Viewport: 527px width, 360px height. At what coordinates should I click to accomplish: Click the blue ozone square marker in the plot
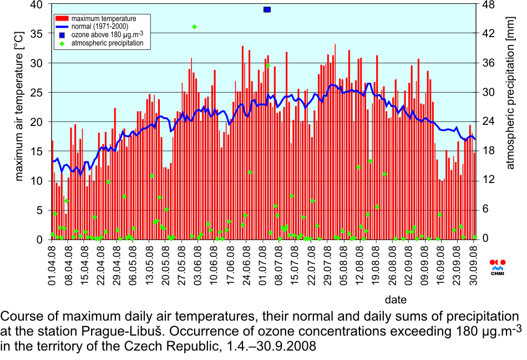pyautogui.click(x=267, y=9)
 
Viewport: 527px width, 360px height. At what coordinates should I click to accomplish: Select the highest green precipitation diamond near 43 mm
pyautogui.click(x=194, y=27)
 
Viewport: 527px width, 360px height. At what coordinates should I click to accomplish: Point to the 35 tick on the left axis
pyautogui.click(x=35, y=33)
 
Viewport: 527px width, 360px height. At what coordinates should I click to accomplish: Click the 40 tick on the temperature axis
pyautogui.click(x=35, y=4)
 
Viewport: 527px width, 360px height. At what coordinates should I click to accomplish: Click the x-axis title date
pyautogui.click(x=396, y=300)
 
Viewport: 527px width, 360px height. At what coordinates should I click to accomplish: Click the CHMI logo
pyautogui.click(x=498, y=266)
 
